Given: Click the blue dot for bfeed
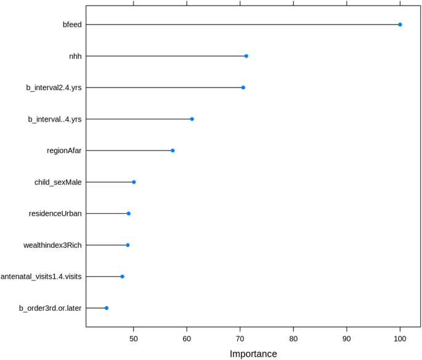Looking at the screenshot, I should [x=400, y=25].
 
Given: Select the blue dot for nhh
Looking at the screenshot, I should [x=246, y=56].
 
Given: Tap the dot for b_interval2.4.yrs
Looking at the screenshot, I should [x=243, y=88].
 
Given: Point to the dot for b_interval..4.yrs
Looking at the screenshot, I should [x=192, y=119].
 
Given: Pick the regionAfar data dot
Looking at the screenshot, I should [x=172, y=150].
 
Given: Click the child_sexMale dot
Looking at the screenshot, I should [x=134, y=182].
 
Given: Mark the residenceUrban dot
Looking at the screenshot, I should [x=129, y=213].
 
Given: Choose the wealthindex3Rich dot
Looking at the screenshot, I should [x=128, y=245].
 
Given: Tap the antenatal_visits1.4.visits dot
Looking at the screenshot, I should [x=122, y=276].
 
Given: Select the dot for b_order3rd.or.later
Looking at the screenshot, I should [x=107, y=308].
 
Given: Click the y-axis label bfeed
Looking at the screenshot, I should [x=72, y=25].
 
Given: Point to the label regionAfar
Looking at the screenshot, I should [x=64, y=150].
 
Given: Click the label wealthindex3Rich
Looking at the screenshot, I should [x=52, y=245].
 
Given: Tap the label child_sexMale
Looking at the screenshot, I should [x=58, y=182].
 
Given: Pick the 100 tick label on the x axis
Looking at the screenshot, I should [x=400, y=338].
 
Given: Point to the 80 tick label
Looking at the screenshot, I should [x=293, y=338].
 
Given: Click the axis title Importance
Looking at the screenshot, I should [x=253, y=354].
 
